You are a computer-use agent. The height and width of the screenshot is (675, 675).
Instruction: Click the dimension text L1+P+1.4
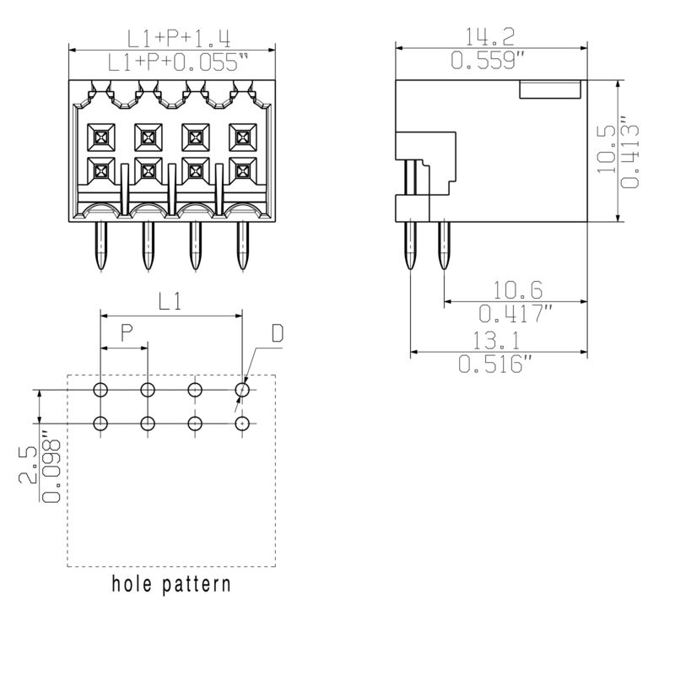(179, 38)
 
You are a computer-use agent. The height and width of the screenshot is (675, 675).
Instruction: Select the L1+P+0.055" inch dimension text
(180, 61)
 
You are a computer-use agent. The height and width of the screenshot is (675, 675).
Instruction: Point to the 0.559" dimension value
(492, 61)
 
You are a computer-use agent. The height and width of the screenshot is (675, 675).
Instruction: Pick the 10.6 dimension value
(517, 291)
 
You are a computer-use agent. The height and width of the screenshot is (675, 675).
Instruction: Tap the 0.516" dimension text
(495, 364)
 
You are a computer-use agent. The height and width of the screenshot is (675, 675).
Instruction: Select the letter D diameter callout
(277, 334)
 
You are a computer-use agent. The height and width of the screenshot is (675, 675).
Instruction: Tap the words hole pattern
(171, 584)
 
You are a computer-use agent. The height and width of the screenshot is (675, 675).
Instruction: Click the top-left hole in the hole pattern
(101, 390)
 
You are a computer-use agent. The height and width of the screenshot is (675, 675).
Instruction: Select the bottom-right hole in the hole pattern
(243, 424)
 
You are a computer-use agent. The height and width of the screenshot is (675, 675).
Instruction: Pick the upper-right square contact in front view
(242, 135)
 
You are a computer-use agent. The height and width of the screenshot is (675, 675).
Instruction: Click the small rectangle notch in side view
(549, 89)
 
